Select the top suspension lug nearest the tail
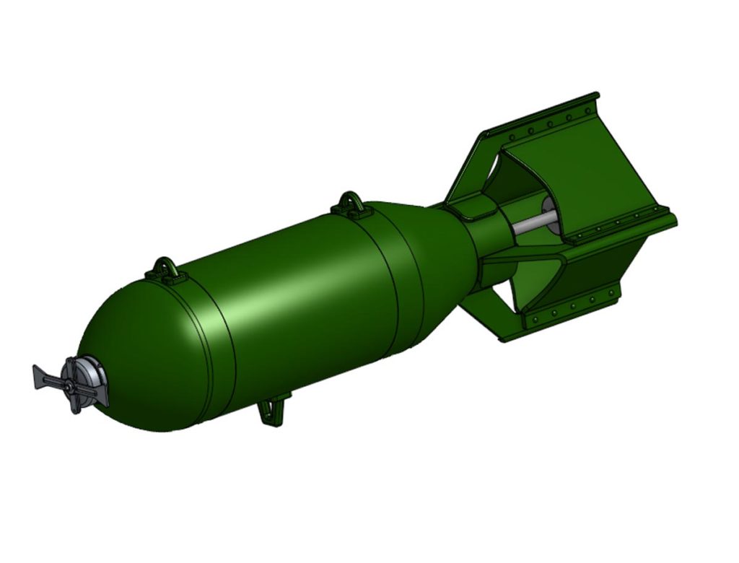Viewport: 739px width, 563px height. (351, 203)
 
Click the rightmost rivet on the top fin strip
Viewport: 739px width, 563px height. (586, 109)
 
